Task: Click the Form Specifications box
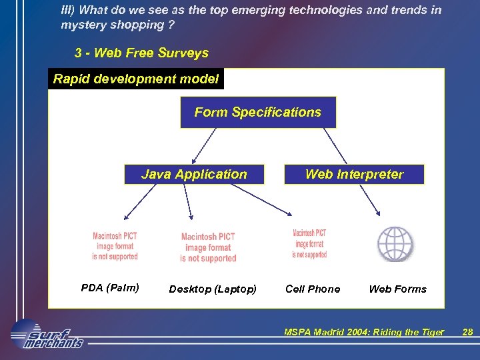pyautogui.click(x=258, y=112)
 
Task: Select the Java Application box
pyautogui.click(x=194, y=174)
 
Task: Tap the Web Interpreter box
pyautogui.click(x=354, y=174)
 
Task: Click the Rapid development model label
pyautogui.click(x=136, y=79)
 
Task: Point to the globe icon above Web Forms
pyautogui.click(x=395, y=244)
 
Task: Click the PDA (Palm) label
pyautogui.click(x=110, y=288)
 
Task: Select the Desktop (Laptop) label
pyautogui.click(x=213, y=289)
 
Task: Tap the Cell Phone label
pyautogui.click(x=313, y=289)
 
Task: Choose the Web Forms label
pyautogui.click(x=397, y=289)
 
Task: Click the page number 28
pyautogui.click(x=467, y=332)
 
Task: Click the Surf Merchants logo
pyautogui.click(x=47, y=335)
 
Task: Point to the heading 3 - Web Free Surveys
pyautogui.click(x=141, y=53)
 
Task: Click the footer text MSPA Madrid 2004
pyautogui.click(x=363, y=332)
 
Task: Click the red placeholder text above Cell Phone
pyautogui.click(x=310, y=244)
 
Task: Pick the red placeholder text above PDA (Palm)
pyautogui.click(x=115, y=247)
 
